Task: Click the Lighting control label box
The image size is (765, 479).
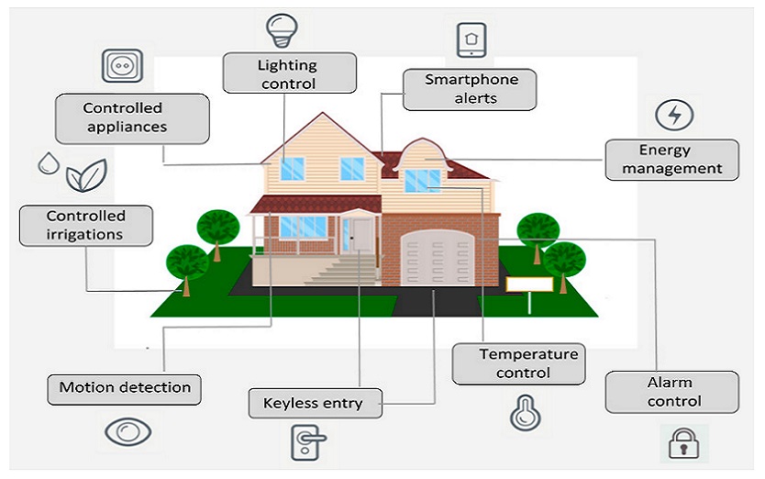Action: coord(289,73)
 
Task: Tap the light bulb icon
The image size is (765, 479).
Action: coord(282,31)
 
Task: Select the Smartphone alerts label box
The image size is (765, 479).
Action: coord(470,90)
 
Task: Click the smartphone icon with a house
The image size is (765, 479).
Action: coord(471,40)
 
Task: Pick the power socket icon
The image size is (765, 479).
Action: coord(123,65)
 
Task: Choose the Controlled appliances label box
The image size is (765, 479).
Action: coord(132,118)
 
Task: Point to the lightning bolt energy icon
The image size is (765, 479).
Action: coord(674,116)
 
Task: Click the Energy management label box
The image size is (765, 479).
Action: coord(671,160)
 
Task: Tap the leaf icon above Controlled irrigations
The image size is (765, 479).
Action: coord(86,175)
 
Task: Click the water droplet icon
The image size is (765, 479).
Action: coord(49,163)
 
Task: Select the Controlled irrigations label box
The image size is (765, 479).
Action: coord(86,226)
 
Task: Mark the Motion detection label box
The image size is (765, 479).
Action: coord(124,390)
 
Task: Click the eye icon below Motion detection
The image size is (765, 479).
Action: coord(127,431)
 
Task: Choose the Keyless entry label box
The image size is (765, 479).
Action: coord(316,404)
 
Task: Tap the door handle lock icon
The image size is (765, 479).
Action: coord(308,442)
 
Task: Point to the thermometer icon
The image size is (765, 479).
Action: coord(525,413)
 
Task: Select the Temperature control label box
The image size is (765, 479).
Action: coord(518,363)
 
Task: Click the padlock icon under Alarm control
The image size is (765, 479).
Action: coord(683,443)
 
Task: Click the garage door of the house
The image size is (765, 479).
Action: coord(438,258)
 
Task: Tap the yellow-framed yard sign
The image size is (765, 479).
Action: coord(529,284)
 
